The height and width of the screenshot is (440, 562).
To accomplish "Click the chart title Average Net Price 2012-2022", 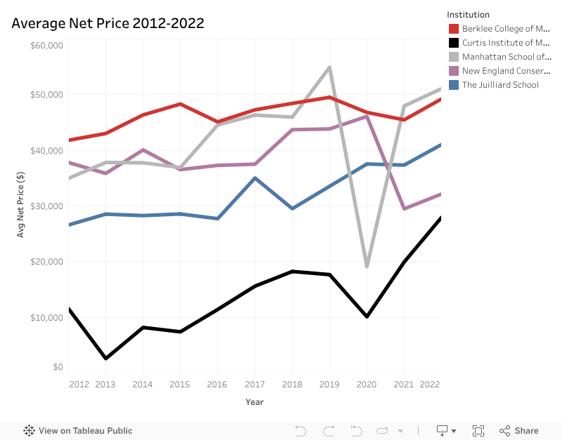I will (x=107, y=23).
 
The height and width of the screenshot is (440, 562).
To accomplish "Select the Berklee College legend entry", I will (x=499, y=29).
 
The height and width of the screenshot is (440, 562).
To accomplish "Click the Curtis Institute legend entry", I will (x=499, y=43).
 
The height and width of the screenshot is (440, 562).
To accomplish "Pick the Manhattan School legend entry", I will (x=499, y=57).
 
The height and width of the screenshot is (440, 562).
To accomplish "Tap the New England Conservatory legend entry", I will (x=499, y=71).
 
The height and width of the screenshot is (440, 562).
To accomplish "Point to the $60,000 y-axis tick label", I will (x=47, y=46).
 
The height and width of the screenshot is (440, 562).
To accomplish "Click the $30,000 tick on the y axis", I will (x=47, y=206).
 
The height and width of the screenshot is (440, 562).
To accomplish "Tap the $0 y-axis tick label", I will (x=58, y=367).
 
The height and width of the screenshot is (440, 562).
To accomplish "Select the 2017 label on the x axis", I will (x=254, y=385).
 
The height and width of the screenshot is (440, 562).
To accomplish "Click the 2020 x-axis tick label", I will (x=366, y=385).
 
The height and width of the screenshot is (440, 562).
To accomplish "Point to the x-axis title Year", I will (x=254, y=402).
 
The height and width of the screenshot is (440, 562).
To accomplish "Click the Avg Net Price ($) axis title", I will (x=21, y=204).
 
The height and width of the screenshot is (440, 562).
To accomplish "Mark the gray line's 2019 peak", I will (x=329, y=67).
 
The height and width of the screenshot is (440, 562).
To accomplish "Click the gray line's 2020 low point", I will (x=366, y=267).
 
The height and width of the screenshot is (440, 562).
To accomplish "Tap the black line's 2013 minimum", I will (x=105, y=359).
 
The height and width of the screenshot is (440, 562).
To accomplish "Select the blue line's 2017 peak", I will (x=255, y=178).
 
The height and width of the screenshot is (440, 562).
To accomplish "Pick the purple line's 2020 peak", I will (x=366, y=116).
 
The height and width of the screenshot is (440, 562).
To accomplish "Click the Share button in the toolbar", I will (x=519, y=431).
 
